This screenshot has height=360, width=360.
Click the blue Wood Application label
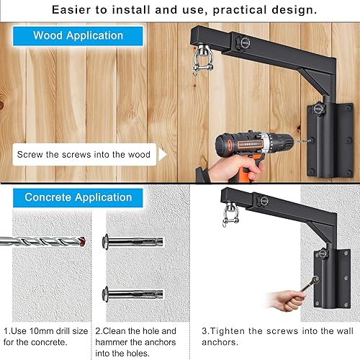pos(78,35)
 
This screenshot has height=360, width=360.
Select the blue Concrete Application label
pos(78,197)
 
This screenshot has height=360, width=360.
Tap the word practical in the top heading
pos(225,10)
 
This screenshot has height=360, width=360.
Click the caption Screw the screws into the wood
pos(84,154)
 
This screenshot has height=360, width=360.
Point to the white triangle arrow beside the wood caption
pos(162,154)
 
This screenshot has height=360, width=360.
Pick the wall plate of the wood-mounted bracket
pos(328,136)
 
